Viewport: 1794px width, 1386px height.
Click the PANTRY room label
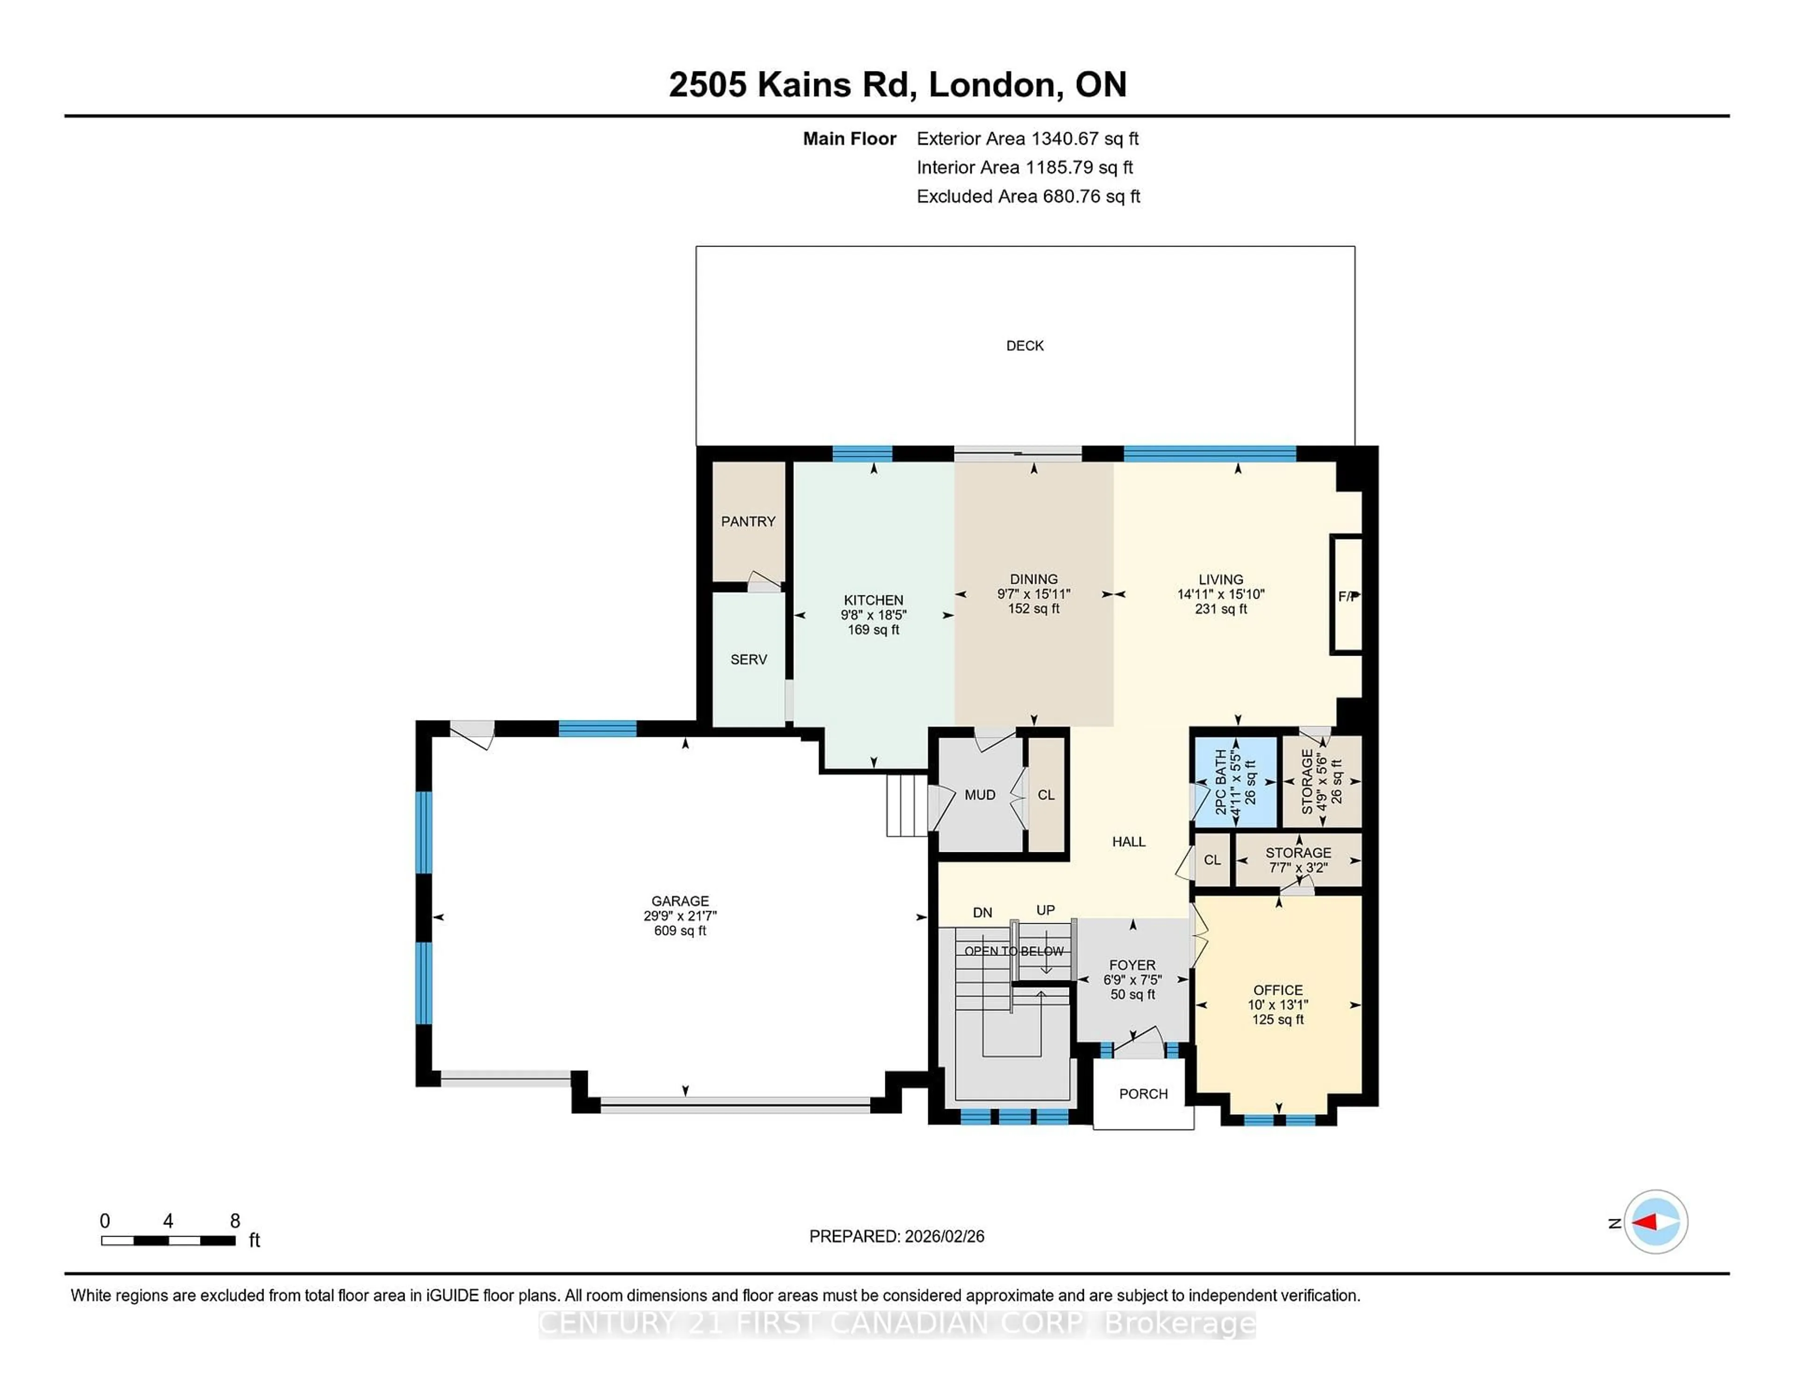pyautogui.click(x=747, y=522)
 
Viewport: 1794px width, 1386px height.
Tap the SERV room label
pyautogui.click(x=748, y=659)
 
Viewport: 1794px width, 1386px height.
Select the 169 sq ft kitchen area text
pyautogui.click(x=873, y=630)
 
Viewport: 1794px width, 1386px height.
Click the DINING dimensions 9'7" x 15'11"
pyautogui.click(x=1033, y=594)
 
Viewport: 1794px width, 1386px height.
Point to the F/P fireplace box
pyautogui.click(x=1346, y=595)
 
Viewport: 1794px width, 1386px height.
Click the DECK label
pyautogui.click(x=1025, y=346)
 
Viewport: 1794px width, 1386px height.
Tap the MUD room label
pyautogui.click(x=979, y=795)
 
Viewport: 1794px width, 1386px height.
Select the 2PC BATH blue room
pyautogui.click(x=1235, y=782)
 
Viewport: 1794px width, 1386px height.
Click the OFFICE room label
pyautogui.click(x=1277, y=990)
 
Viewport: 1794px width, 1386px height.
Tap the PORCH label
pyautogui.click(x=1143, y=1094)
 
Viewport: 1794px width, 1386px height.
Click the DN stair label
pyautogui.click(x=982, y=912)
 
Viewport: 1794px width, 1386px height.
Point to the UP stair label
pyautogui.click(x=1045, y=910)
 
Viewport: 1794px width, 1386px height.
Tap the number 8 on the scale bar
pyautogui.click(x=235, y=1221)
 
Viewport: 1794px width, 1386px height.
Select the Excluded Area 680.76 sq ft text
pyautogui.click(x=1028, y=196)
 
